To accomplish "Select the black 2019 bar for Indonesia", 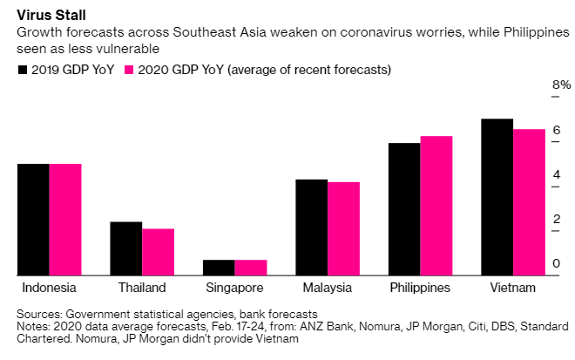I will tap(33, 219).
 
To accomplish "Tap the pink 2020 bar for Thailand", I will tap(158, 251).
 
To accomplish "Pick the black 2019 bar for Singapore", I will tap(219, 267).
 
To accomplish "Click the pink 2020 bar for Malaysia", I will tap(343, 228).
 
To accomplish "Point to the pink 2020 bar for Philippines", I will tap(436, 205).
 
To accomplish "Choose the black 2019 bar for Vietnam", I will tap(497, 196).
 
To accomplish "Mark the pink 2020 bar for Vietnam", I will tap(529, 201).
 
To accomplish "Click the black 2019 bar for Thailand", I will tap(126, 248).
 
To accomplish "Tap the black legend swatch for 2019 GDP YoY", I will tap(23, 69).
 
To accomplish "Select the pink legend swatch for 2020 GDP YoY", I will tap(131, 69).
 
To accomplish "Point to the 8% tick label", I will tap(561, 85).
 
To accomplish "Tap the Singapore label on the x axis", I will tap(235, 288).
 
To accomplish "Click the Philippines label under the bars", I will tap(420, 288).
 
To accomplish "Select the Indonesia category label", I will tap(49, 288).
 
